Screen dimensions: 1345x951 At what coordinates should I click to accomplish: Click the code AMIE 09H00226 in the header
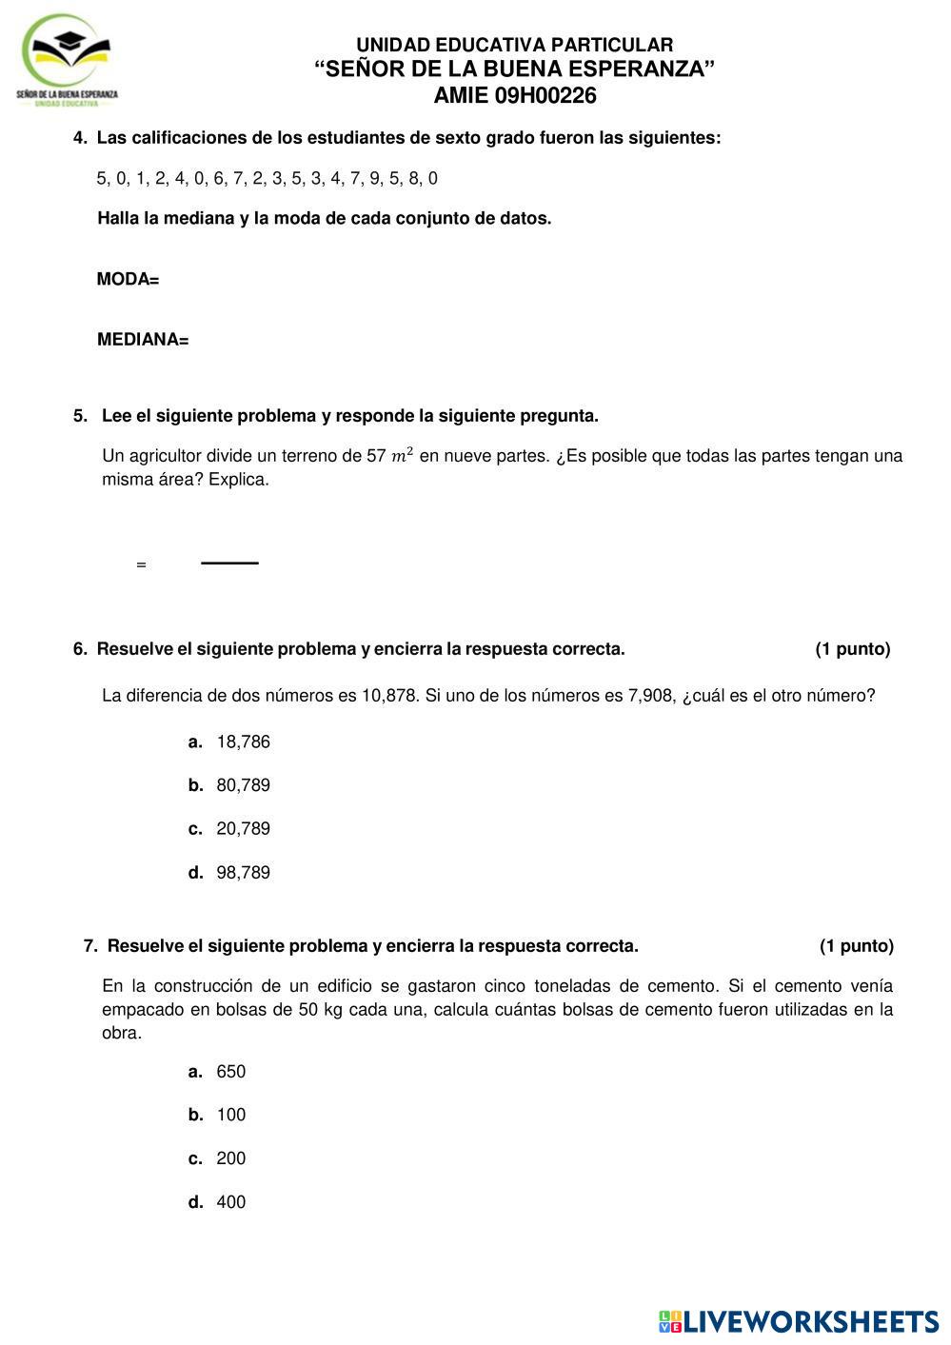point(514,95)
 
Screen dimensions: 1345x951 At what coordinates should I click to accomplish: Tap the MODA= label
point(128,279)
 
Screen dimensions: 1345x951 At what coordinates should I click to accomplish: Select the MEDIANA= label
point(143,340)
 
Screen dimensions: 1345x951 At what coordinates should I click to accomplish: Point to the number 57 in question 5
point(376,456)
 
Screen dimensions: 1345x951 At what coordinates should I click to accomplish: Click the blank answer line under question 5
point(229,564)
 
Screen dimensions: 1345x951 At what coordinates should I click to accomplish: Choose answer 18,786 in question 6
point(243,742)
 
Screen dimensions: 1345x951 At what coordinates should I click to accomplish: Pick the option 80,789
point(243,785)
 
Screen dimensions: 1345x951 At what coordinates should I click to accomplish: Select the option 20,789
point(243,828)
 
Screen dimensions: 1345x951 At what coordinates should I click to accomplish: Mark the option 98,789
point(243,872)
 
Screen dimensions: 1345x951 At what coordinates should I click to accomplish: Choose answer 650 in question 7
point(230,1072)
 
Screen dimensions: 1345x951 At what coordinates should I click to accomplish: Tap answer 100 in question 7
point(230,1115)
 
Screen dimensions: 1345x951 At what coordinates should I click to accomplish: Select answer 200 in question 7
point(230,1158)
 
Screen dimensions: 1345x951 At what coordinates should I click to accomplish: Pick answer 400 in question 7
point(230,1202)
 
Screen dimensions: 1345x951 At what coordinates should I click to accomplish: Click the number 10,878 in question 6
point(389,696)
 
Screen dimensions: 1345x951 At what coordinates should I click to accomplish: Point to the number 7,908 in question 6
point(651,696)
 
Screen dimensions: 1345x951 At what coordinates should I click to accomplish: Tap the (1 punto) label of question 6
point(852,649)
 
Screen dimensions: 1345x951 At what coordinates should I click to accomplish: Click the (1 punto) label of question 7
point(856,946)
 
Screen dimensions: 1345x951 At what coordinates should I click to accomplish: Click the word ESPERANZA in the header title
point(648,69)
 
